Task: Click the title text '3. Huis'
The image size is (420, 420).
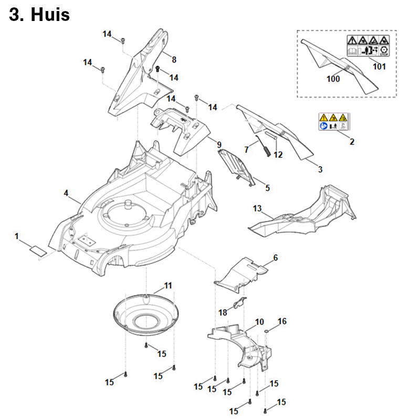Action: (x=39, y=15)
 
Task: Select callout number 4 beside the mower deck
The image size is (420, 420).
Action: (x=66, y=193)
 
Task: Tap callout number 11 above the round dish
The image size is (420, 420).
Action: (x=168, y=286)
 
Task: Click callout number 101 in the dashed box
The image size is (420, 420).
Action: (x=379, y=67)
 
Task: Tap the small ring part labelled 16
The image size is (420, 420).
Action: (x=268, y=330)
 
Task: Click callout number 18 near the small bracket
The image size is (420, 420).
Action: (x=223, y=312)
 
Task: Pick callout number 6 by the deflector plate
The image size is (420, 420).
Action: (x=276, y=258)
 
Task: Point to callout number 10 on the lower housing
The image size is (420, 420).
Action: (x=259, y=321)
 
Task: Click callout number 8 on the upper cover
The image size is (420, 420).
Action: (x=174, y=59)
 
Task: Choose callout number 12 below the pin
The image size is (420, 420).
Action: (x=278, y=155)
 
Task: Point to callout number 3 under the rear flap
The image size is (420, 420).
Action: (x=321, y=169)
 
